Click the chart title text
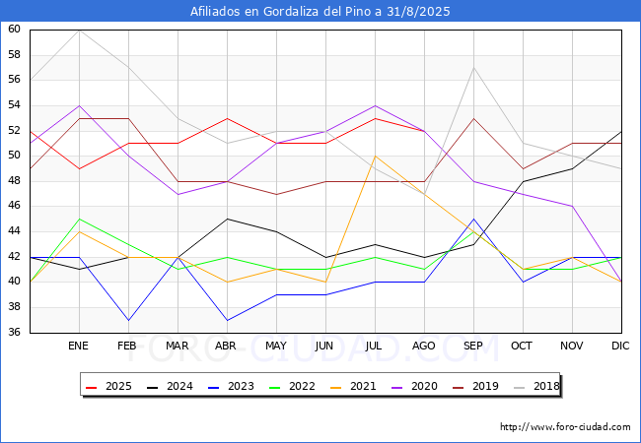coord(320,11)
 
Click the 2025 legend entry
coord(107,387)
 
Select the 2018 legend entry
coord(532,387)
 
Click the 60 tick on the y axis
coord(14,30)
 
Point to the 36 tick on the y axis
coord(14,332)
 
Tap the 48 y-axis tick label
coord(14,181)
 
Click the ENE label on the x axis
coord(79,347)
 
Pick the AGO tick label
coord(424,347)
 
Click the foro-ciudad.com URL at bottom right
coord(565,427)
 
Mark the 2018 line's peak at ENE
coord(79,30)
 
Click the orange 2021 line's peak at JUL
coord(375,156)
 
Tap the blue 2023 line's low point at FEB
coord(128,320)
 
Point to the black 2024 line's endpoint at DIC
coord(621,131)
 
